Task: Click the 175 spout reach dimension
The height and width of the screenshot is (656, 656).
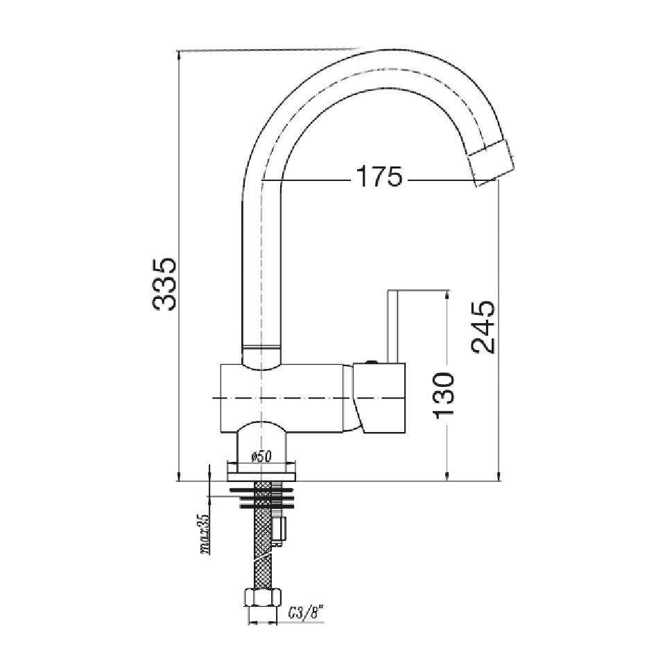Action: pyautogui.click(x=379, y=178)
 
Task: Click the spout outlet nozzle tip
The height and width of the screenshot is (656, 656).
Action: pyautogui.click(x=492, y=163)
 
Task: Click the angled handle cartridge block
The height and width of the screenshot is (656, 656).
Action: pyautogui.click(x=379, y=398)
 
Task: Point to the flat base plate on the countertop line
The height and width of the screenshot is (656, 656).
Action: pyautogui.click(x=264, y=472)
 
